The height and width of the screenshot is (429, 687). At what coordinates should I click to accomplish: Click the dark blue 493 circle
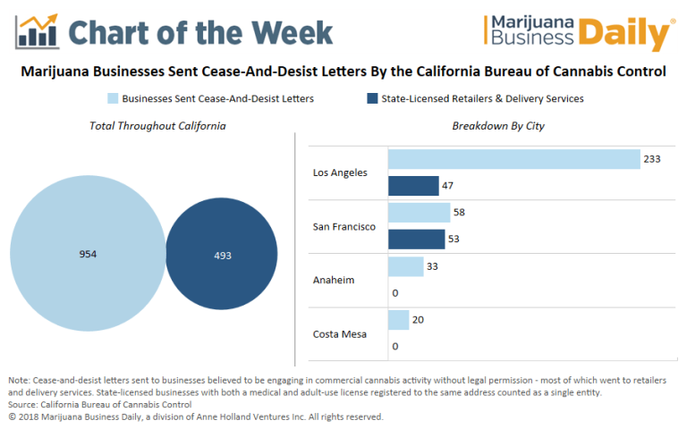point(222,255)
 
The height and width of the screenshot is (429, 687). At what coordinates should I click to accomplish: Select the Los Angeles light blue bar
point(513,159)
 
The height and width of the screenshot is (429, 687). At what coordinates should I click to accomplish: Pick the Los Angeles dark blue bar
point(412,186)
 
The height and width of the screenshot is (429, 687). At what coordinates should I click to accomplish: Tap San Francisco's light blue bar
point(419,213)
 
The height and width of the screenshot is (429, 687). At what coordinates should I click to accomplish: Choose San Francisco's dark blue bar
point(416,240)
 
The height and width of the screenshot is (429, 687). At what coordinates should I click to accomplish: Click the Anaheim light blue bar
point(405,266)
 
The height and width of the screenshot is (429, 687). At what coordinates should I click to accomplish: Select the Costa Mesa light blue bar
point(398,319)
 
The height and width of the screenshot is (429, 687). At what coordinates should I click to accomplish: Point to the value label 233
point(653,159)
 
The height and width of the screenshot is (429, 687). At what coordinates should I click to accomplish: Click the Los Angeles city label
point(340,172)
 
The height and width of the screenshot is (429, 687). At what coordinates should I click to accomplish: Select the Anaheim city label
point(333,280)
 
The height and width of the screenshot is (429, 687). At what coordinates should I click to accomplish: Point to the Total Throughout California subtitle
point(157,126)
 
